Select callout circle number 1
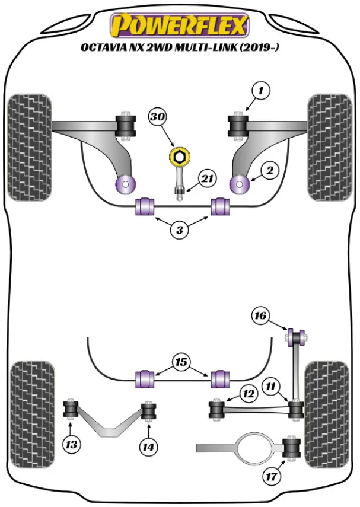tap(260, 91)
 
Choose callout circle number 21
tap(206, 178)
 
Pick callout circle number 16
tap(260, 315)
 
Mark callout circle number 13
tap(72, 443)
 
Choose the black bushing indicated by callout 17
tap(292, 447)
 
